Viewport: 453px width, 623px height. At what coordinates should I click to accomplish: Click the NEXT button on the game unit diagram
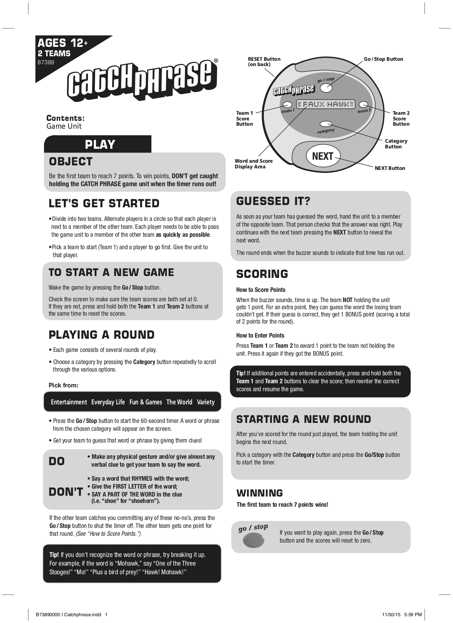(323, 156)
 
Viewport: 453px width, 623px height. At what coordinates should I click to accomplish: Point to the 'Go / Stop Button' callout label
(383, 59)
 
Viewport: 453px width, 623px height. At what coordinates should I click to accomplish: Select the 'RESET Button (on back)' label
(264, 62)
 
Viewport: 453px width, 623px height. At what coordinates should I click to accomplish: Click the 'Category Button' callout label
(396, 143)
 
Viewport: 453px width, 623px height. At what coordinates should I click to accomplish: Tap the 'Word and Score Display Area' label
(254, 163)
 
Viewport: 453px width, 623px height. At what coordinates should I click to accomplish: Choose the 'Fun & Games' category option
(145, 402)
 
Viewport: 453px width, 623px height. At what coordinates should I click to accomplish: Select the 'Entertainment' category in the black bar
(69, 402)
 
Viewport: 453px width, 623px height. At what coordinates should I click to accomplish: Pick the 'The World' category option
(179, 402)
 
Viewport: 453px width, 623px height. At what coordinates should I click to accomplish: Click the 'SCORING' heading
(262, 274)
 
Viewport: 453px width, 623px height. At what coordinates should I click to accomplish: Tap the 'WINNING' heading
(259, 493)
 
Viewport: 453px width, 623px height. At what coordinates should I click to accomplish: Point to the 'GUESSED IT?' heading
(273, 201)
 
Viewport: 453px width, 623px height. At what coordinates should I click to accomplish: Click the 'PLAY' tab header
(100, 144)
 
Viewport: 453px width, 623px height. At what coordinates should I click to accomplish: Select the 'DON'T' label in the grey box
(66, 492)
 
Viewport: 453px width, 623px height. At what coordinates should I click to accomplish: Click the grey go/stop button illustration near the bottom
(253, 540)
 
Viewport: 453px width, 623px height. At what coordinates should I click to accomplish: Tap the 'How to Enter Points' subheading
(260, 335)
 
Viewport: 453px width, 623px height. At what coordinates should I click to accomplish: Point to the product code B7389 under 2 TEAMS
(46, 62)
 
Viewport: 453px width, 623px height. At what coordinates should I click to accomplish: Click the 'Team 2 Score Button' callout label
(401, 118)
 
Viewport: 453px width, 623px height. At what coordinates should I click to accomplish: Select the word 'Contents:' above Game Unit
(65, 118)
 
